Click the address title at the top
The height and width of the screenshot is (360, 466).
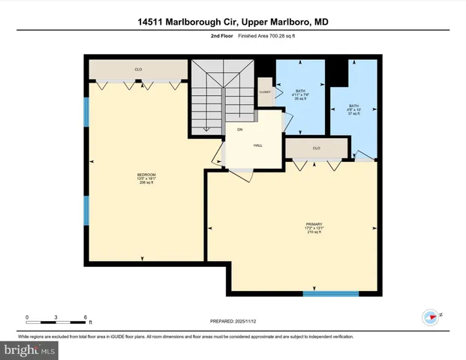point(233,23)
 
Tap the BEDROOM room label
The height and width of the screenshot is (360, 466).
point(146,175)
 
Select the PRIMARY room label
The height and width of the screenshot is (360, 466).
point(314,224)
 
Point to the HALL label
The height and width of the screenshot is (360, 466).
point(257,145)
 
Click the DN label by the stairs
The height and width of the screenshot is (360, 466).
point(240,130)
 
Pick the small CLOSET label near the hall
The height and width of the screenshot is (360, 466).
point(264,91)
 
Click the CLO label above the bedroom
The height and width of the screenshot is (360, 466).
point(138,70)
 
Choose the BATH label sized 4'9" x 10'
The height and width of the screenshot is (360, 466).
point(354,106)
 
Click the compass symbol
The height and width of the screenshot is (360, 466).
point(431,316)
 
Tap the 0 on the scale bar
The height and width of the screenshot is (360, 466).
point(27,316)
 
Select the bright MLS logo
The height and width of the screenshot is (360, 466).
point(29,349)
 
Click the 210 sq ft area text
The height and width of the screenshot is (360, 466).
point(314,232)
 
